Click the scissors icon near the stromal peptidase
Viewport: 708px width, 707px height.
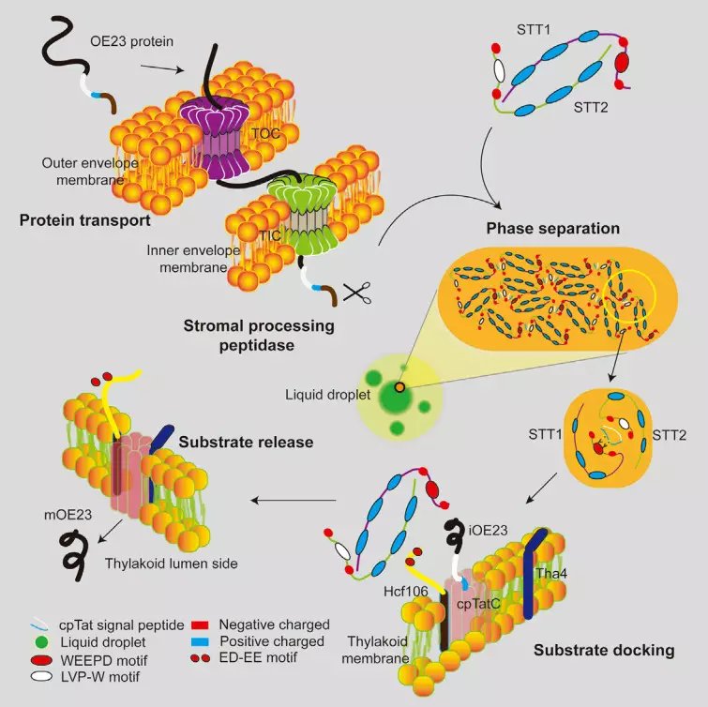(x=357, y=293)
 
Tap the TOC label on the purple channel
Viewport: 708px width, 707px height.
(x=266, y=134)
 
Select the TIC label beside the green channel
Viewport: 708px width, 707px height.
(x=270, y=235)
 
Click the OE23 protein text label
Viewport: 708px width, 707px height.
(x=132, y=41)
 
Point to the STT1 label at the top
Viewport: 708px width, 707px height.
(x=534, y=30)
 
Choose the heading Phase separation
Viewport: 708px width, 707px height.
(x=552, y=229)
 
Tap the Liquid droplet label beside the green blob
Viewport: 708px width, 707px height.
(x=328, y=395)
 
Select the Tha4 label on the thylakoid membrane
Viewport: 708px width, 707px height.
(x=551, y=573)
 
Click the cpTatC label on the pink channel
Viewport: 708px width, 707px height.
(x=478, y=604)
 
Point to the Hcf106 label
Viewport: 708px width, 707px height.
(x=405, y=591)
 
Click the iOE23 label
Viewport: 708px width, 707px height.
(x=489, y=530)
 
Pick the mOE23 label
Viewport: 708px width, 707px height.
(x=68, y=515)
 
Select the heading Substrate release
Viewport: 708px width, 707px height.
(x=246, y=442)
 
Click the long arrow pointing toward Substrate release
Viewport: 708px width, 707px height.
(x=294, y=500)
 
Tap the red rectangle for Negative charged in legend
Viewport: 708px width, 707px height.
(x=200, y=625)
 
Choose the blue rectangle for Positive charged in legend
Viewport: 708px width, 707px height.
(x=200, y=641)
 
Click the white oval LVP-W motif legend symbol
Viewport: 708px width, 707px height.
(x=41, y=676)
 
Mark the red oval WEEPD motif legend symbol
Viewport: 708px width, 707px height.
(x=41, y=660)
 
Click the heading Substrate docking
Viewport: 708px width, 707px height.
(x=604, y=650)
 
